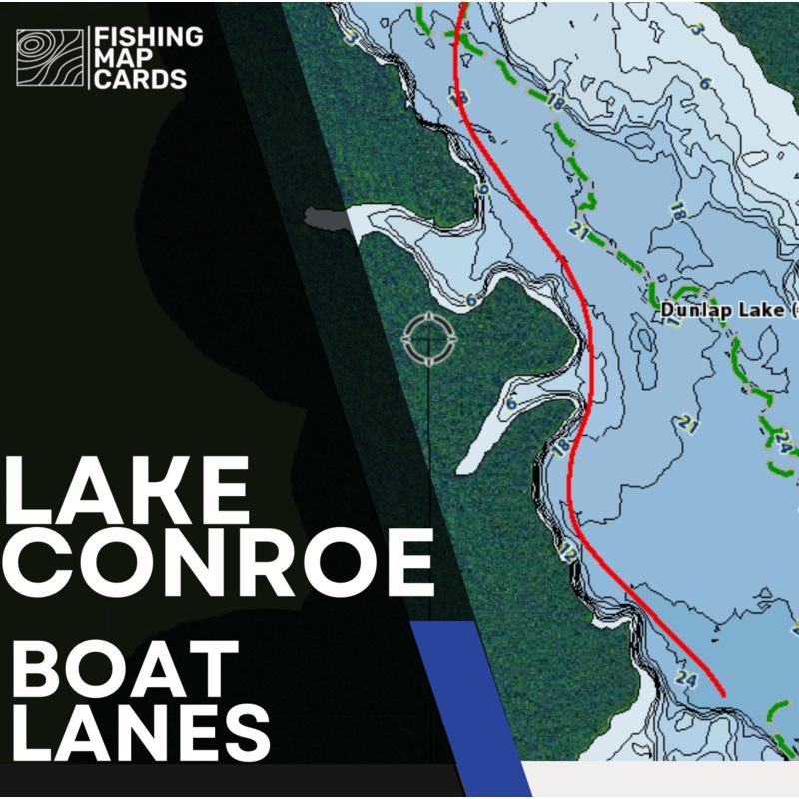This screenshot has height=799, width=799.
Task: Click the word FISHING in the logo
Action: (147, 37)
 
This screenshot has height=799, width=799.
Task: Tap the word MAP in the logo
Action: (119, 58)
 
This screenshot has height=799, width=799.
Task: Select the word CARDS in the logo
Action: (139, 79)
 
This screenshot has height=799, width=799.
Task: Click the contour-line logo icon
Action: (50, 58)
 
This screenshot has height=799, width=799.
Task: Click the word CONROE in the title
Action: (219, 561)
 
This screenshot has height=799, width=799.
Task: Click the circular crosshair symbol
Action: (429, 339)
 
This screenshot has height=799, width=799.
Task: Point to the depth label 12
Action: (568, 552)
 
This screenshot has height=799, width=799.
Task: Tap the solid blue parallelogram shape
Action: (469, 699)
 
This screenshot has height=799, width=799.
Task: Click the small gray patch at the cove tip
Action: (325, 217)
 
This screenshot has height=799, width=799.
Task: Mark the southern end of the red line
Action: (722, 693)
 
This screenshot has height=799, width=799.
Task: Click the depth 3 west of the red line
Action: (351, 38)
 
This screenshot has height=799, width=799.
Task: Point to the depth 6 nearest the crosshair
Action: (471, 299)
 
